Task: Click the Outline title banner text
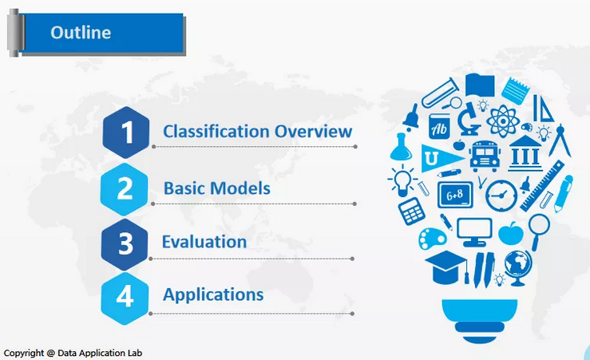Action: point(81,33)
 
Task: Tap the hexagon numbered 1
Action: point(126,133)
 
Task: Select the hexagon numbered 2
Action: point(125,189)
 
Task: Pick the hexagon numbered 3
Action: point(125,244)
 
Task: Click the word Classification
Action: point(216,131)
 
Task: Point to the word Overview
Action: point(314,131)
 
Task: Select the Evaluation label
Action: point(204,242)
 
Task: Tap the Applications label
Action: point(213,295)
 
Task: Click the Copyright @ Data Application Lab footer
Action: point(73,354)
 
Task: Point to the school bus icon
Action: point(485,156)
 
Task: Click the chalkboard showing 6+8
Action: point(455,195)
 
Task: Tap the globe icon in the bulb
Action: point(518,267)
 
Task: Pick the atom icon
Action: point(503,121)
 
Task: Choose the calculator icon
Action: point(412,211)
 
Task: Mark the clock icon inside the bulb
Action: point(501,196)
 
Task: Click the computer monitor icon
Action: point(474,232)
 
